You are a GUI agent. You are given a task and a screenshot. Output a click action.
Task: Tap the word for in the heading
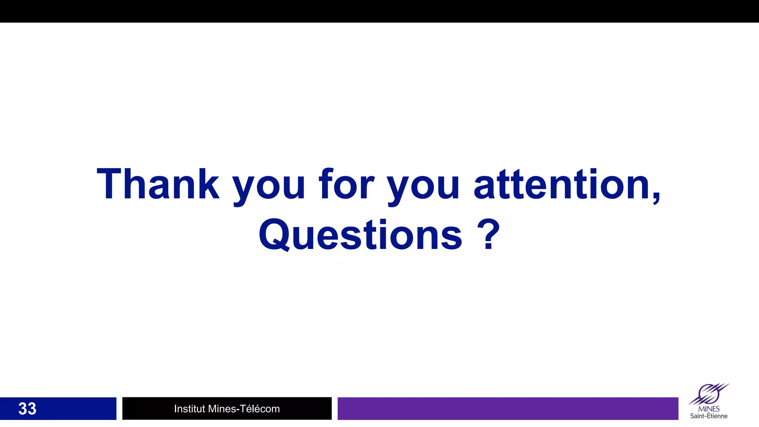[x=347, y=184]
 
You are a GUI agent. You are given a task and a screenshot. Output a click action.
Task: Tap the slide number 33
[x=27, y=408]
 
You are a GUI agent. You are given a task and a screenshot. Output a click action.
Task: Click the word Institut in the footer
[x=189, y=408]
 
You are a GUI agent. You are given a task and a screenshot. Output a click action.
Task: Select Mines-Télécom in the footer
[x=244, y=408]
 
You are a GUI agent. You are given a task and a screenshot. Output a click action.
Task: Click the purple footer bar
[x=508, y=408]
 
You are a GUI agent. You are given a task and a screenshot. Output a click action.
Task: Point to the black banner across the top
[x=379, y=11]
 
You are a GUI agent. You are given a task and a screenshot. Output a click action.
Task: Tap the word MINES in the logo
[x=709, y=409]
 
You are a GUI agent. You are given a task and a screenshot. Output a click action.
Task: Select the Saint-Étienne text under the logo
[x=709, y=416]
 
